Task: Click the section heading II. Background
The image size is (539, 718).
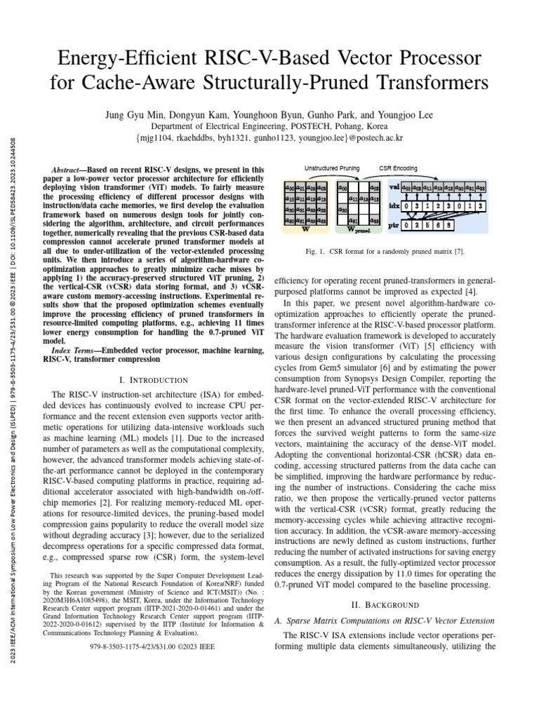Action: (385, 604)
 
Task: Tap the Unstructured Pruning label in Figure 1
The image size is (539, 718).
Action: (332, 169)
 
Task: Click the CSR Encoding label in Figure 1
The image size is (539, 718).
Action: (399, 169)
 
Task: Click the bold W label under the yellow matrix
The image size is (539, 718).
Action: (305, 228)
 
